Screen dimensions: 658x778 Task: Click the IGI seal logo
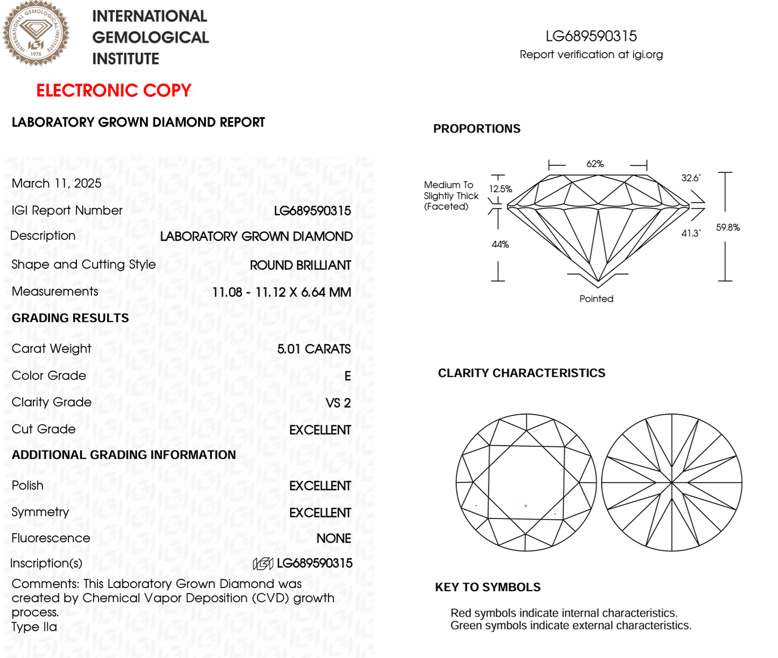36,33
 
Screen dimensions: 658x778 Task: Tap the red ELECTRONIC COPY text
114,90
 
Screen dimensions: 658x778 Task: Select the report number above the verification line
591,36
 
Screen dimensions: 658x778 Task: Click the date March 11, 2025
57,184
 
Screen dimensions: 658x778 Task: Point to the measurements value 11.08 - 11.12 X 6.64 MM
282,292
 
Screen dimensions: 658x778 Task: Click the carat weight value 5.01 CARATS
314,349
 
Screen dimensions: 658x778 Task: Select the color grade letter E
348,376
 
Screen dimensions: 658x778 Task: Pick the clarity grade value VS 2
338,403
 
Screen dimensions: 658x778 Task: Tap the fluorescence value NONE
334,538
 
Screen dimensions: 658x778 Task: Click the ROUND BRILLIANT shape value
300,265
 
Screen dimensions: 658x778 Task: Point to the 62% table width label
595,164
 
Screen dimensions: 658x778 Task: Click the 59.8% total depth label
727,228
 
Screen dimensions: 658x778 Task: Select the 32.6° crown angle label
691,178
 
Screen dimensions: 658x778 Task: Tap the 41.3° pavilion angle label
691,233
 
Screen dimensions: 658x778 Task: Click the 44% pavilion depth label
500,244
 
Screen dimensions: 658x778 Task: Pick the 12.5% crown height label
500,189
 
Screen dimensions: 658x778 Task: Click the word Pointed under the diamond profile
596,299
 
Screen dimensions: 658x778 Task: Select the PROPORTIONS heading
476,129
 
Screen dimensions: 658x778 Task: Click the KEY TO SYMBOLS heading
488,587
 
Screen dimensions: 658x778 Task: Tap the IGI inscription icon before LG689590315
263,564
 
